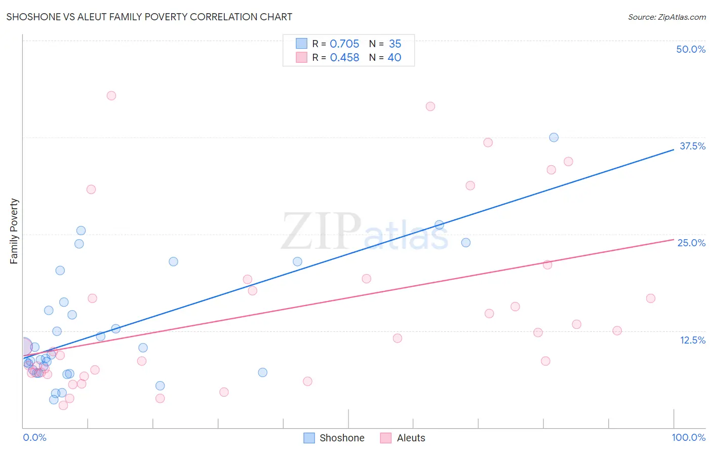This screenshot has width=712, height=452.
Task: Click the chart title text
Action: coord(149,17)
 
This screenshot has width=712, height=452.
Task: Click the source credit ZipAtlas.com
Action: coord(666,17)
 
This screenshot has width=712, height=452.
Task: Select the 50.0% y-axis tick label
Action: coord(691,49)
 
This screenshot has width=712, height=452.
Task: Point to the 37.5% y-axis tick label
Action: coord(692,146)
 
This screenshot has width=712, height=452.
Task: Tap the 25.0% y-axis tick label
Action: coord(691,243)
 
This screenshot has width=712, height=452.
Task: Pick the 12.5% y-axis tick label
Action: coord(692,340)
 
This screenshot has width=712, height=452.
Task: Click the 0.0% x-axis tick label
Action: coord(34,437)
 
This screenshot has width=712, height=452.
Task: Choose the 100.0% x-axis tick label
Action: coord(688,437)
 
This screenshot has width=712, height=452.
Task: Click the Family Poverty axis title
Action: coord(14,231)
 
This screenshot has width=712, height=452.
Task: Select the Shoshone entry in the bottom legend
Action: coord(342,438)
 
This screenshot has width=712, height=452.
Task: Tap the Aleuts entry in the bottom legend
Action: coord(411,438)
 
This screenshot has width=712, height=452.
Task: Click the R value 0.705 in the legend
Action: coord(344,44)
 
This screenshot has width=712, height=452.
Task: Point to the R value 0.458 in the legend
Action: coord(344,58)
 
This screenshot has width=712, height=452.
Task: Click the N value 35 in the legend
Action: coord(395,44)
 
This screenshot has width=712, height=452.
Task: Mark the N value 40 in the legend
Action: coord(394,58)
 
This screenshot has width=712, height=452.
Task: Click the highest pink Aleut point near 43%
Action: coord(111,96)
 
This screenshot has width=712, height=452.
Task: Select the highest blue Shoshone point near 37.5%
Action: coord(554,137)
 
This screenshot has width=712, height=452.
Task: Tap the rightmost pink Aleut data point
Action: coord(651,298)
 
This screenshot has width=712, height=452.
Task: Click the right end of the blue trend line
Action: coord(674,149)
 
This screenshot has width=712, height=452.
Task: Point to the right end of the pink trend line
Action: coord(674,239)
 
